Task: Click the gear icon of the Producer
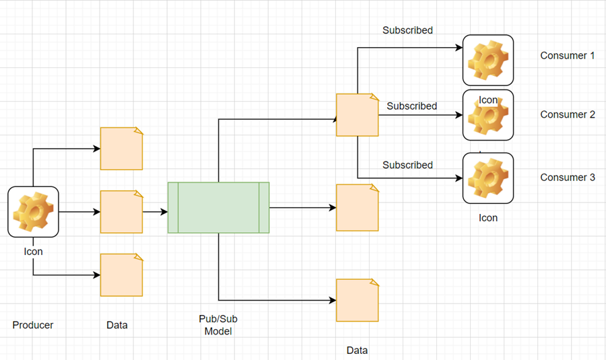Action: (x=33, y=212)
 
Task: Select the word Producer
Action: (x=33, y=325)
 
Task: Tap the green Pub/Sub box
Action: (x=218, y=207)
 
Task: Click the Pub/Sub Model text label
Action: (x=218, y=325)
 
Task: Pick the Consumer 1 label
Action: (x=568, y=56)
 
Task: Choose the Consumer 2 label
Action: (x=568, y=114)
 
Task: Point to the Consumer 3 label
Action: (x=568, y=178)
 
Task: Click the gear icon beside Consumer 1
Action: (x=488, y=60)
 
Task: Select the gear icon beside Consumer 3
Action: (x=488, y=178)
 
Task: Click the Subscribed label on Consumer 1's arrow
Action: (x=407, y=30)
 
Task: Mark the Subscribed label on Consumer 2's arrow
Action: (x=411, y=106)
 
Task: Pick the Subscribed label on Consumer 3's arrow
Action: (x=407, y=165)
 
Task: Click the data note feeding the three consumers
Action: (x=358, y=115)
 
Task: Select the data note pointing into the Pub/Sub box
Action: (x=121, y=211)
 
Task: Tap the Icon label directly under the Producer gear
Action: (x=33, y=252)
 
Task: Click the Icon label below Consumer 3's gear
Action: (x=488, y=218)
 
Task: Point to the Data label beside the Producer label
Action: (x=117, y=325)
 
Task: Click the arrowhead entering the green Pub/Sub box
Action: (x=164, y=211)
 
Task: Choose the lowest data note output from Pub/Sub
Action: (x=358, y=300)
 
